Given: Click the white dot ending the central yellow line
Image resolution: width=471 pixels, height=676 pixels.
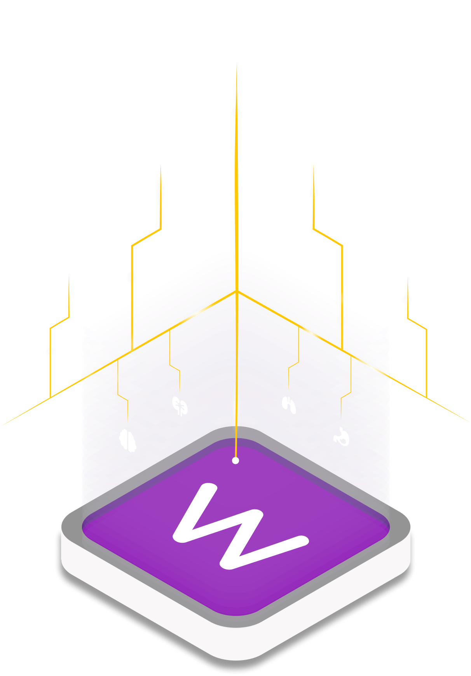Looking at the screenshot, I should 235,461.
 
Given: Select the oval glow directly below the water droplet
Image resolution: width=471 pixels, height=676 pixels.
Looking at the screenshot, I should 160,192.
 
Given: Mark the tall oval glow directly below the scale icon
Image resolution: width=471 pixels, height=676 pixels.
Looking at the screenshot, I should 236,91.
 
